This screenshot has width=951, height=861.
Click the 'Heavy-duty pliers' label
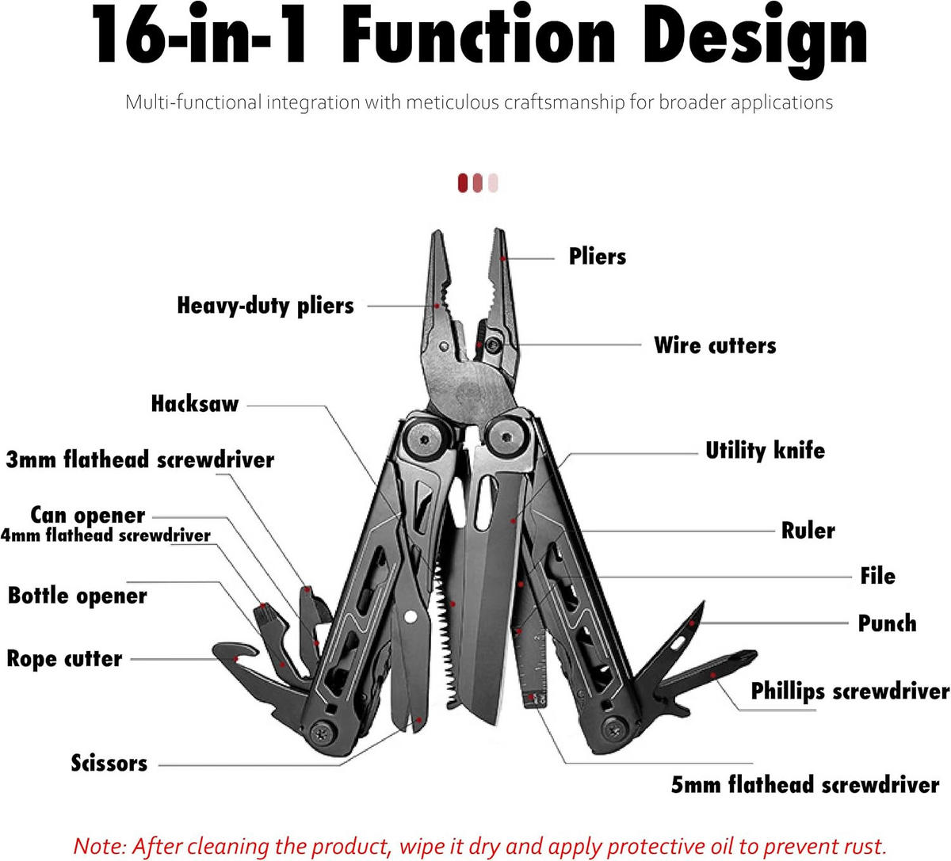click(265, 306)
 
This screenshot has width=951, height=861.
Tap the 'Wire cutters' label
click(715, 345)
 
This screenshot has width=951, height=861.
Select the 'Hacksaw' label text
click(195, 404)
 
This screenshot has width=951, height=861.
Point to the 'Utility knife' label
click(765, 450)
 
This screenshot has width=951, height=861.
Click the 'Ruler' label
click(808, 530)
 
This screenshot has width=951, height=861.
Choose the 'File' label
click(877, 576)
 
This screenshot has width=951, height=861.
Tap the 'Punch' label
click(887, 623)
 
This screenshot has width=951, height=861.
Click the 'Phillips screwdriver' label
click(850, 691)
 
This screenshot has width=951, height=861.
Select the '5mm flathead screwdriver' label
click(804, 784)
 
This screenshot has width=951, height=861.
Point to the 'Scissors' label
click(109, 763)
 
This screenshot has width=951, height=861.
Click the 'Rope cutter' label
click(64, 659)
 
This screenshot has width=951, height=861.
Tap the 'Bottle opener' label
click(78, 596)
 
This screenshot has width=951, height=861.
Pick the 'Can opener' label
click(88, 515)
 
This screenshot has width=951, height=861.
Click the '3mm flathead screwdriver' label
click(139, 459)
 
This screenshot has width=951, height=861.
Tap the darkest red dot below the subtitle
click(463, 183)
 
